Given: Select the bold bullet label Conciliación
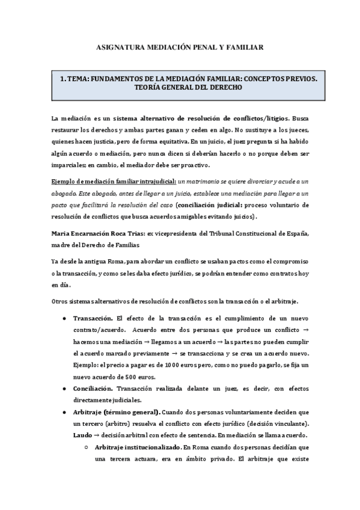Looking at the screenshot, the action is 93,389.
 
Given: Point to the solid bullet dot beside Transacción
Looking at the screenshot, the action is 64,318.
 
